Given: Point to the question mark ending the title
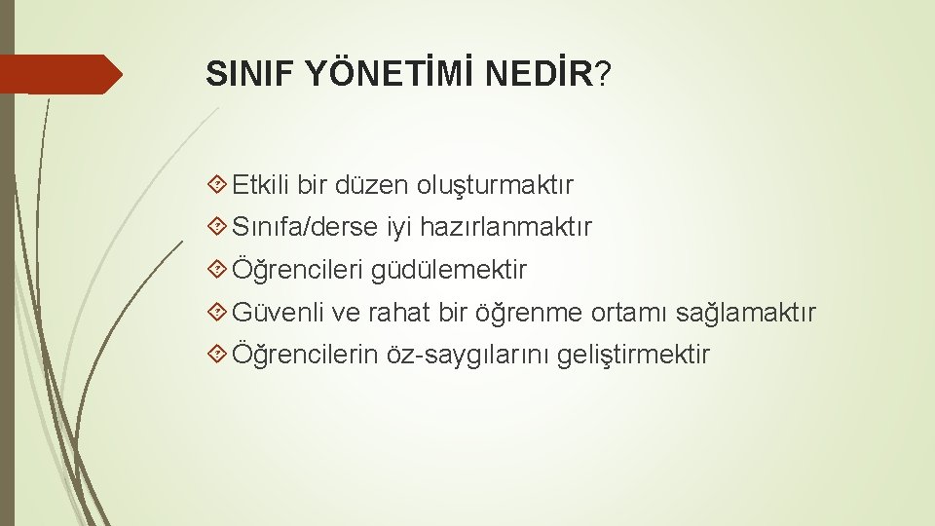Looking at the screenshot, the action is coord(603,74).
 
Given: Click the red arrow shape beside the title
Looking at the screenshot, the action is coord(60,74).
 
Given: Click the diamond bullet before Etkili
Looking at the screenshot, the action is coord(217,184).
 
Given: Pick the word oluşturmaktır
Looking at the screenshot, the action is coord(495,185).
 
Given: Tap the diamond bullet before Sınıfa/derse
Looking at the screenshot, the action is coord(217,226).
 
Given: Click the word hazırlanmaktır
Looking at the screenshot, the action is coord(505,227).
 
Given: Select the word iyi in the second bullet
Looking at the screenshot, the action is coord(399,228).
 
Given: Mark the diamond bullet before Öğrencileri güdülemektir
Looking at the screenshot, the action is coord(217,269).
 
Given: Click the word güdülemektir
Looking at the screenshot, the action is coord(448,270).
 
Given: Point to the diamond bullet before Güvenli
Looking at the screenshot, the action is coord(217,312).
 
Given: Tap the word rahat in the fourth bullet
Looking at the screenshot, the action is coord(398,313).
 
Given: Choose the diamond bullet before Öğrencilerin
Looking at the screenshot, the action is coord(217,354).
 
